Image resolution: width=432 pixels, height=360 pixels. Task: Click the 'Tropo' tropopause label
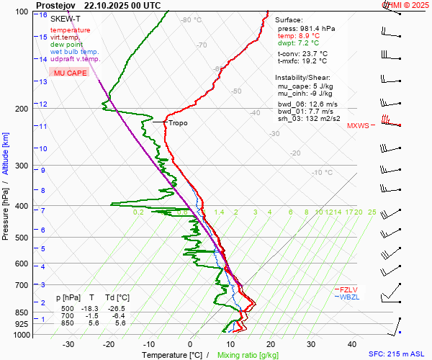point(178,123)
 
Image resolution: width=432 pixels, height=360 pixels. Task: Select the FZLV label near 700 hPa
point(348,289)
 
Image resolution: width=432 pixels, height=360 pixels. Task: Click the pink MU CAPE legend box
point(68,73)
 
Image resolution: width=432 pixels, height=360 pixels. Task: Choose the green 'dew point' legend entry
point(66,45)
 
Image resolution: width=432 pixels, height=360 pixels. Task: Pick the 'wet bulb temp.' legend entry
point(74,52)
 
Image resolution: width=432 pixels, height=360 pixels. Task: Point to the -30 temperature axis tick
point(68,344)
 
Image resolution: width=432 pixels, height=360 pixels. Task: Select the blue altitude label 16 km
point(43,15)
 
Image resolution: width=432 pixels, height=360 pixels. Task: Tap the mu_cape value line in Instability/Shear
point(305,86)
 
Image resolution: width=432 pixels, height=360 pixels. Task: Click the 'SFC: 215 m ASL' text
point(397,355)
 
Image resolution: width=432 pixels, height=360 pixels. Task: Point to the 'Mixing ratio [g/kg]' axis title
point(248,355)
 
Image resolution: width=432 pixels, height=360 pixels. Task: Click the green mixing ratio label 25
point(372,212)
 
